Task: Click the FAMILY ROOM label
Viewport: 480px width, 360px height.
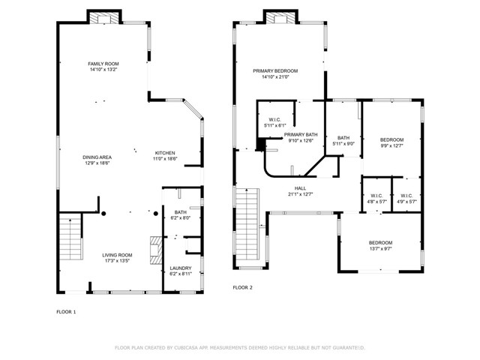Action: point(103,64)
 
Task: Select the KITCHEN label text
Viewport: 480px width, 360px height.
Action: point(165,153)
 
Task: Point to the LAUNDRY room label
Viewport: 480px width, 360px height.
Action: point(180,268)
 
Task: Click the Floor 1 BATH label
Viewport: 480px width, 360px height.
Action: point(180,212)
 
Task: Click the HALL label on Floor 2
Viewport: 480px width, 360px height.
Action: point(300,188)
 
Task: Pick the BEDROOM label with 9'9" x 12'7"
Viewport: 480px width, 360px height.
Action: point(391,139)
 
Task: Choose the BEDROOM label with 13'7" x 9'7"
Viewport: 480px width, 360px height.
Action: point(380,242)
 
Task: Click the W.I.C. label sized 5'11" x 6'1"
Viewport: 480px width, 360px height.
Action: point(274,120)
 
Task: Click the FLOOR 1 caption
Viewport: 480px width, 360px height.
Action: point(67,311)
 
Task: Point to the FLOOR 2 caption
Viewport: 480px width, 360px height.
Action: point(242,287)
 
